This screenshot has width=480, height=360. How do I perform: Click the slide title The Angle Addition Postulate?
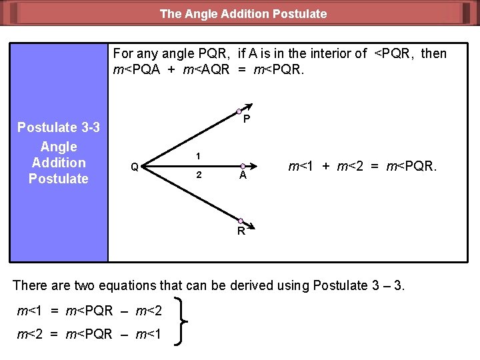point(243,13)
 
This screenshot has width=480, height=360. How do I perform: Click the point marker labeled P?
point(239,111)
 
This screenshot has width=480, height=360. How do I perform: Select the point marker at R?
point(240,221)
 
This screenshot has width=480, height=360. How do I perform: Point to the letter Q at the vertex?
point(135,167)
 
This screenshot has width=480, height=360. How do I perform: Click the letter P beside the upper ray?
point(247,119)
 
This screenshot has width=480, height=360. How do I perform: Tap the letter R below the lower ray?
point(241,232)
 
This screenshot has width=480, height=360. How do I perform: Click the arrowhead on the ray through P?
point(248,106)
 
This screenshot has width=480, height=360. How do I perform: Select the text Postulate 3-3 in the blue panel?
point(59,127)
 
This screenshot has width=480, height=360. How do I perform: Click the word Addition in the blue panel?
point(59,163)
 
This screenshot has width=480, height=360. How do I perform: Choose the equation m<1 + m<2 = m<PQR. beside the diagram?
point(362,166)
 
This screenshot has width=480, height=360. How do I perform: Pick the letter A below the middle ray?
point(243,176)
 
